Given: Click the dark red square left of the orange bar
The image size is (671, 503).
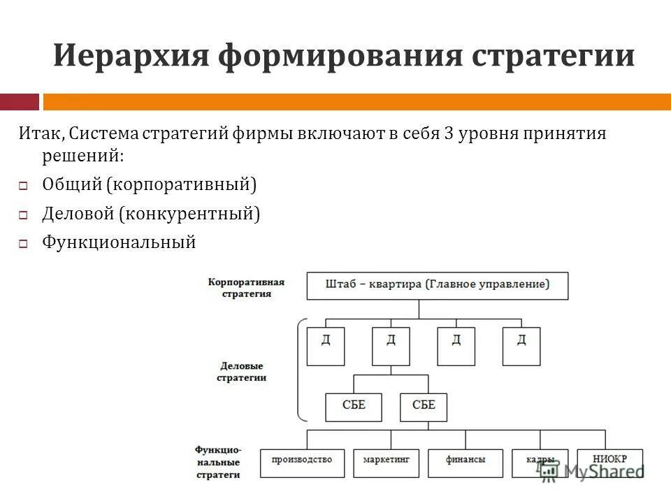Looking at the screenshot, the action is click(19, 102).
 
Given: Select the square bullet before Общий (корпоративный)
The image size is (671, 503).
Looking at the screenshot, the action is click(22, 187).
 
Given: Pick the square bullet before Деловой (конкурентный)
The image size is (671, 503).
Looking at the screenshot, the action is click(22, 216).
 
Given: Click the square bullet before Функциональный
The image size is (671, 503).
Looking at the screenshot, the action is click(22, 245).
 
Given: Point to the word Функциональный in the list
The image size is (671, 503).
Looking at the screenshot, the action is click(119, 242).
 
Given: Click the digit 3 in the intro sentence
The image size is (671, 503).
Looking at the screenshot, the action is click(448, 134).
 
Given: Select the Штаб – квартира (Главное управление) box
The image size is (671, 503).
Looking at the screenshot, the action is click(438, 285).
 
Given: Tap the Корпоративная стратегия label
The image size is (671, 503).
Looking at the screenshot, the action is click(246, 288).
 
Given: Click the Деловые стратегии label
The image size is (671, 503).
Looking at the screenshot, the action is click(242, 371).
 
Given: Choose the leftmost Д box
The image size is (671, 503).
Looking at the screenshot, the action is click(326, 346).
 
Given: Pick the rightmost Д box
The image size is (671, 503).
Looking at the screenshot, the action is click(521, 346).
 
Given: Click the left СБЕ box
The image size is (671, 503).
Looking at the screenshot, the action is click(354, 407).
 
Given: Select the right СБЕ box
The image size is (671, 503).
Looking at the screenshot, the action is click(424, 407).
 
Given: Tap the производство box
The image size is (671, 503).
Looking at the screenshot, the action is click(302, 462).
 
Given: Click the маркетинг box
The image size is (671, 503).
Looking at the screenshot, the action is click(382, 462).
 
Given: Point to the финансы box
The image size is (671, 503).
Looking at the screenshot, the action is click(466, 462).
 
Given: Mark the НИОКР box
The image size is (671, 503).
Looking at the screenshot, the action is click(610, 462).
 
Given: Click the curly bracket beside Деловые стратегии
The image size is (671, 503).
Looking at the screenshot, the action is click(301, 370).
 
